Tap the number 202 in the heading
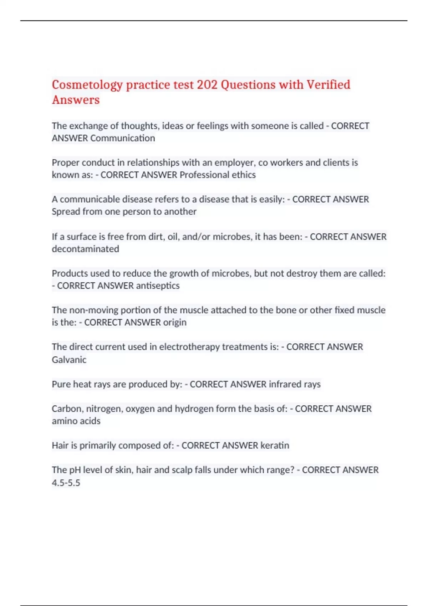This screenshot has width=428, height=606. tap(207, 85)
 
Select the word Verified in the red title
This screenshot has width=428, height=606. tap(328, 85)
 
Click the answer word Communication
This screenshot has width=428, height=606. tap(123, 138)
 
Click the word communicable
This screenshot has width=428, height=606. tap(90, 199)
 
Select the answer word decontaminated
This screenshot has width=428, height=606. tap(85, 249)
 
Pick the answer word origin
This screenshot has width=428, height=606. tap(175, 323)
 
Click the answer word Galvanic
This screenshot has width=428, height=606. tap(69, 360)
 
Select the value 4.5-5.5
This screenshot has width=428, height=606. tap(66, 483)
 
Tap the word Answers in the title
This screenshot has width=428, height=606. tap(76, 100)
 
